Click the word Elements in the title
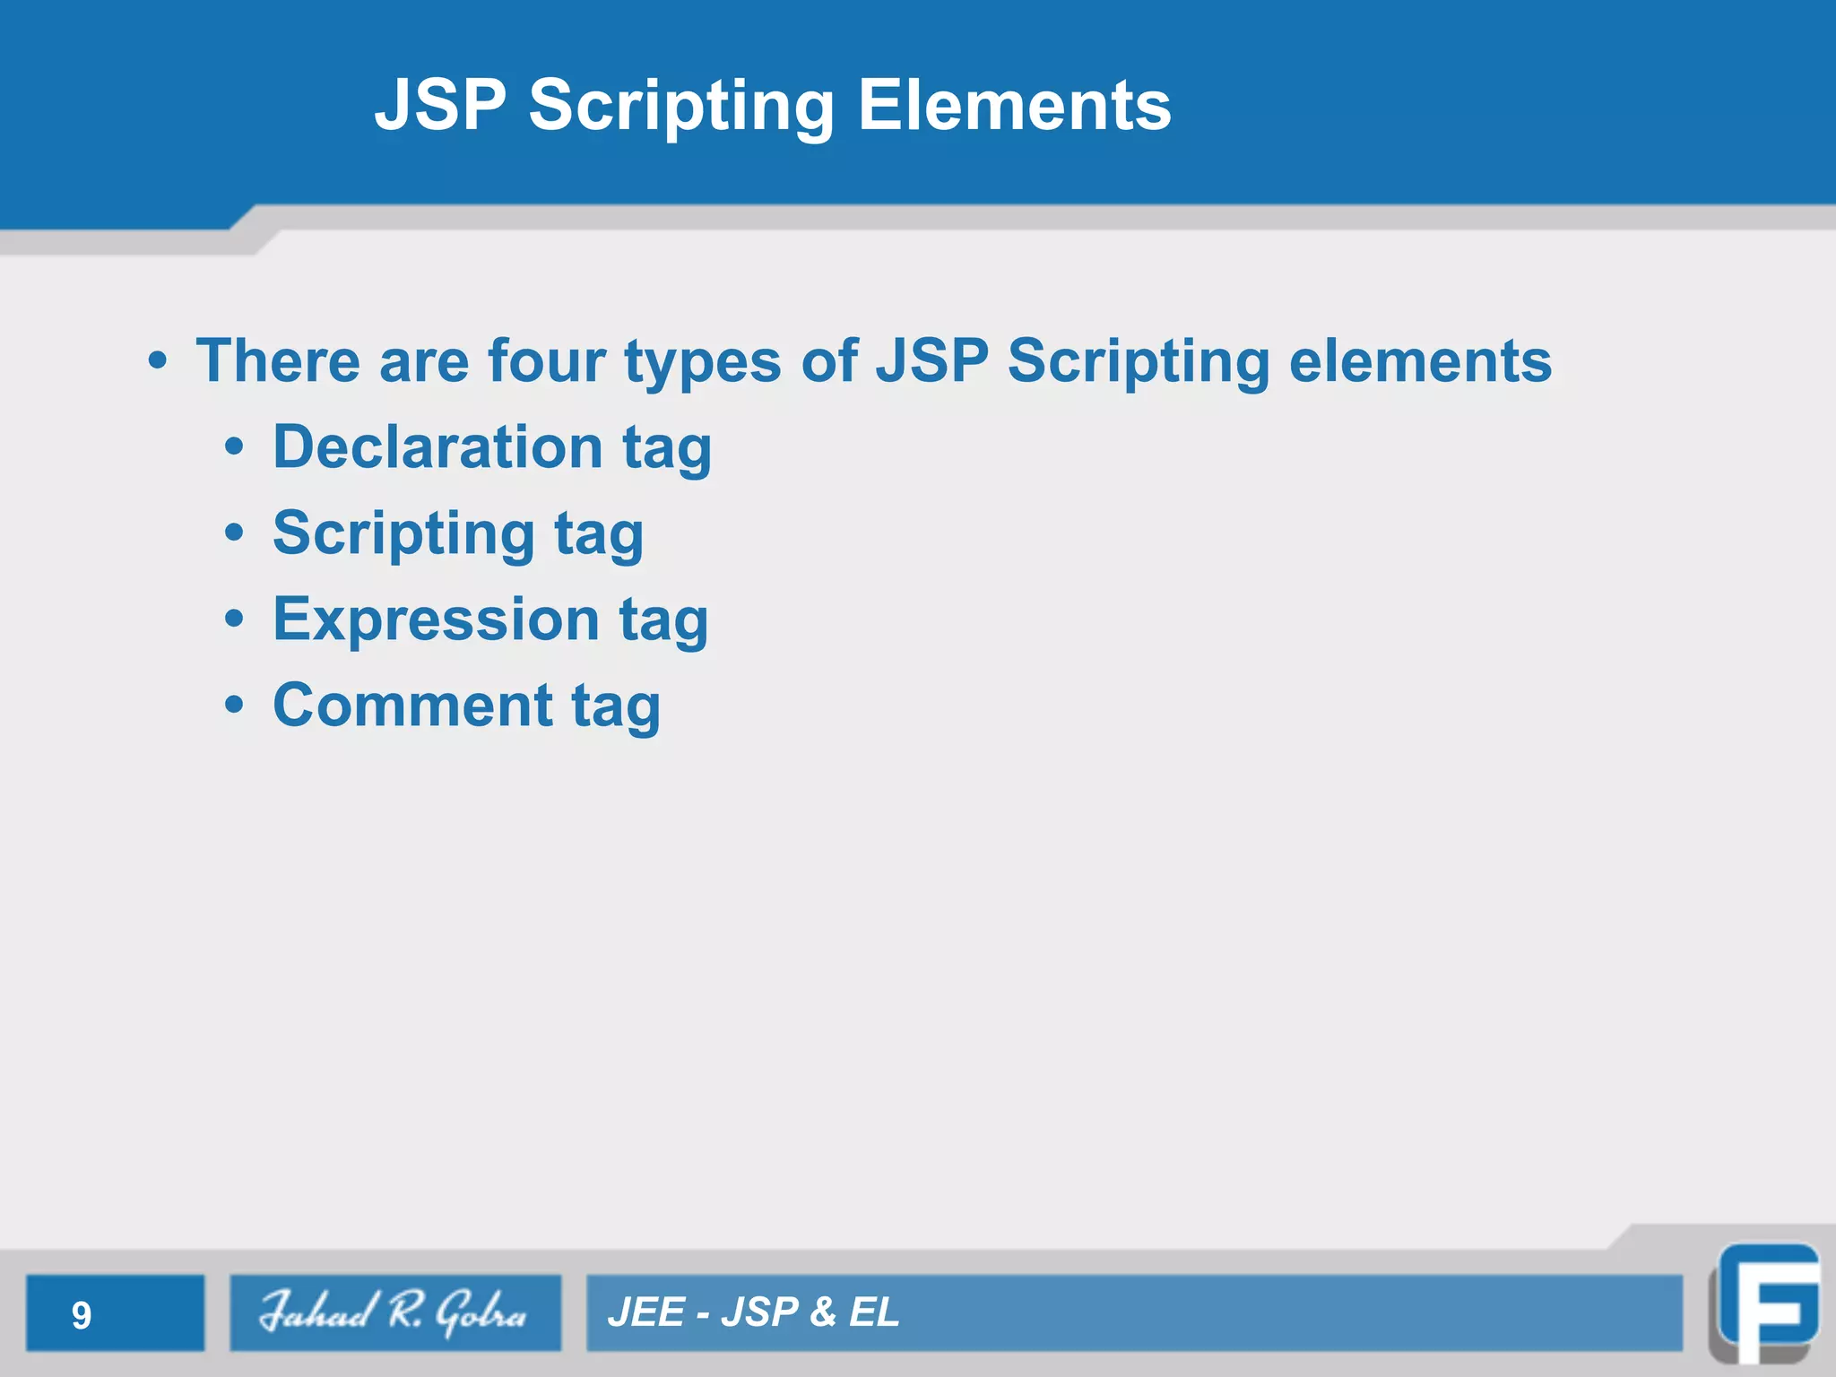(x=1014, y=105)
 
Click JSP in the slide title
(x=440, y=105)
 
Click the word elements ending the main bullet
(x=1420, y=361)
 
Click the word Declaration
(x=437, y=446)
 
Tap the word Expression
(x=436, y=619)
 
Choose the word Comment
(x=412, y=705)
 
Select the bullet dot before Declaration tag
(x=234, y=446)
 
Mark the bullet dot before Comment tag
(x=234, y=706)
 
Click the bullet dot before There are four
(x=158, y=361)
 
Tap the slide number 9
(x=82, y=1315)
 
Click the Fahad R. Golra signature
(x=394, y=1312)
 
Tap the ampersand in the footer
(x=822, y=1312)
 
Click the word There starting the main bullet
(x=278, y=361)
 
